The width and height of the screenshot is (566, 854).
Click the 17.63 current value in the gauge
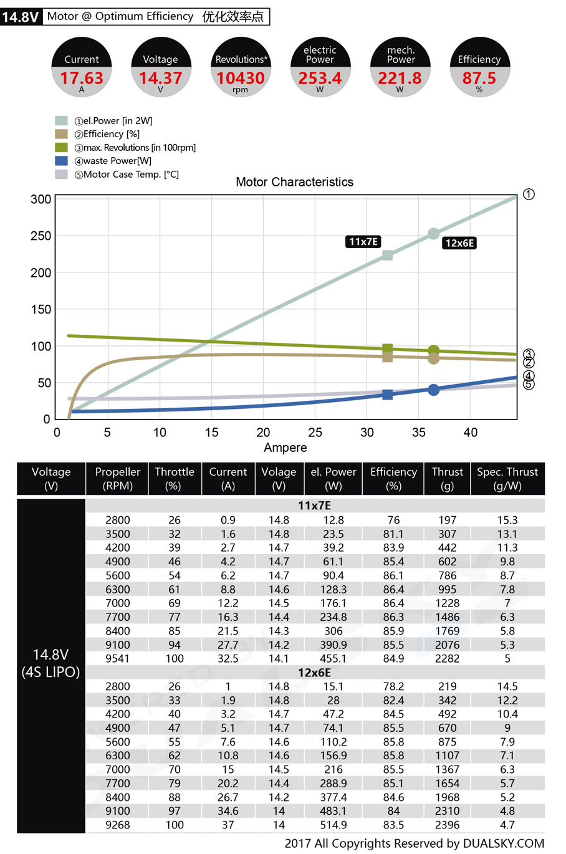(82, 78)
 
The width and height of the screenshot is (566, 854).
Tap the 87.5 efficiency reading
(479, 78)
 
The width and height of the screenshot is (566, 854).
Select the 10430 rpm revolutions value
(241, 78)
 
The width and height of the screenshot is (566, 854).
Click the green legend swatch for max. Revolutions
(61, 148)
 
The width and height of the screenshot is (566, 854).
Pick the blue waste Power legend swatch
(61, 161)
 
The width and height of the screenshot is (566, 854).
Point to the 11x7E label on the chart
(363, 242)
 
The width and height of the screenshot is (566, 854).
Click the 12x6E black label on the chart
(459, 243)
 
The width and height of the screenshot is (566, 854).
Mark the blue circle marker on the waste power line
(434, 390)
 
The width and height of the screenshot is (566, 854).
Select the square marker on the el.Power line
(387, 255)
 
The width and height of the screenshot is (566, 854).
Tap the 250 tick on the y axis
(41, 236)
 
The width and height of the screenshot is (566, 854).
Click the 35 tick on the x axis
(419, 433)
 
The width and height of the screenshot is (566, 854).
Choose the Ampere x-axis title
(285, 448)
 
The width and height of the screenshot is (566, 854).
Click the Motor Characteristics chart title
(294, 182)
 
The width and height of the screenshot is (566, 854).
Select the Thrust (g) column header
(447, 479)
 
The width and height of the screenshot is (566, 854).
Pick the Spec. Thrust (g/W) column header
(507, 479)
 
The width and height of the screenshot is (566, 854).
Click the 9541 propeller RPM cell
(117, 658)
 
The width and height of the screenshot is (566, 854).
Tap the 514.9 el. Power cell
(333, 825)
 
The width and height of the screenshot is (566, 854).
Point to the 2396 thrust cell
(447, 825)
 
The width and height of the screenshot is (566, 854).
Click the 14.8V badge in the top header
(21, 17)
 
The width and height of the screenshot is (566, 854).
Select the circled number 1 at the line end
(529, 194)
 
